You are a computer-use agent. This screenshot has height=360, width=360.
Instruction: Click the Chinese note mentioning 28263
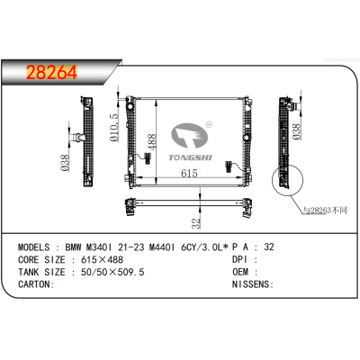click(x=323, y=210)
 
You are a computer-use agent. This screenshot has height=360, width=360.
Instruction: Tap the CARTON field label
click(x=33, y=283)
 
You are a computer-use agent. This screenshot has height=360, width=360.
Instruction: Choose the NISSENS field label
click(x=250, y=283)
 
